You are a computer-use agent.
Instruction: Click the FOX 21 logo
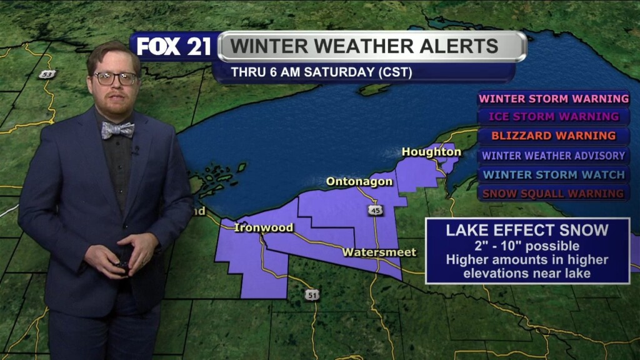[x=174, y=46]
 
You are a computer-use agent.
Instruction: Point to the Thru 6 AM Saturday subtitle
[x=322, y=72]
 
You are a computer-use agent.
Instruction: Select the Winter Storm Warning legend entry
[x=553, y=99]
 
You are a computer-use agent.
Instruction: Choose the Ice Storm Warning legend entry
[x=553, y=117]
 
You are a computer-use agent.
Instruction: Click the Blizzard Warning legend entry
[x=553, y=136]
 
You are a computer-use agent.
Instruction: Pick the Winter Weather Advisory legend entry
[x=553, y=156]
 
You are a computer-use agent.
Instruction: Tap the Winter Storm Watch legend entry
[x=553, y=174]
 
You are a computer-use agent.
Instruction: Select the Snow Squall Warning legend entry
[x=553, y=194]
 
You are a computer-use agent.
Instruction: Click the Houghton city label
[x=431, y=152]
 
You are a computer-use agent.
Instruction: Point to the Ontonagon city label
[x=359, y=182]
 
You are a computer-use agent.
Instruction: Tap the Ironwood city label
[x=263, y=227]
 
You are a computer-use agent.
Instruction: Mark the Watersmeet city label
[x=379, y=252]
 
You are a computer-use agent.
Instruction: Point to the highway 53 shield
[x=47, y=74]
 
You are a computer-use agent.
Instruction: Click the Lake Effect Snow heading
[x=527, y=230]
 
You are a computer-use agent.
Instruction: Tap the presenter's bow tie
[x=118, y=130]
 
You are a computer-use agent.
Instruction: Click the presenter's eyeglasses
[x=116, y=79]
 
